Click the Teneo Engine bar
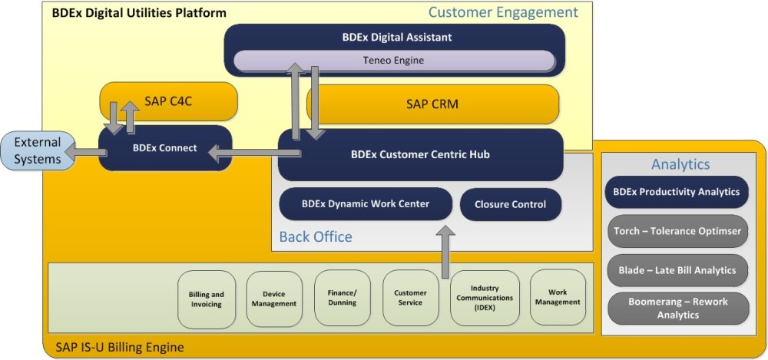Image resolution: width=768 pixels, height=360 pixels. point(393,60)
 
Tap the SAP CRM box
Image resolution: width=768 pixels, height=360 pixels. point(432,104)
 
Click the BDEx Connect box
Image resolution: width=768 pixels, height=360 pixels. point(165,147)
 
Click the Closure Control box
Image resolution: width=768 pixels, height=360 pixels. point(510,204)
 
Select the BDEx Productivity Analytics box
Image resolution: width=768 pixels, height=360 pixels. point(677,192)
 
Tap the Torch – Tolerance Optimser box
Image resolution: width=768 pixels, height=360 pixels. point(677,231)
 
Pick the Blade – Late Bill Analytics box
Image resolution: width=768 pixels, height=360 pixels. point(677,269)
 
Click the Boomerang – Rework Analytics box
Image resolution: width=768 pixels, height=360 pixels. point(677,308)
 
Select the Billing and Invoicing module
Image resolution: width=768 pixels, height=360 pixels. point(206,299)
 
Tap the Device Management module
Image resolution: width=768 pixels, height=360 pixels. point(274,299)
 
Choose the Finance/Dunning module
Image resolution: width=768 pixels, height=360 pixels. point(342,298)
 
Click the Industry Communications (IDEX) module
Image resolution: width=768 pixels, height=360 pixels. point(479,298)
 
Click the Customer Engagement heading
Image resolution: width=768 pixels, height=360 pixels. point(503,12)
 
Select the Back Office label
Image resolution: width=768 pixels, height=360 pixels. point(315,236)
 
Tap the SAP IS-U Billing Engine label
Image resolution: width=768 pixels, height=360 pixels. point(120,348)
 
